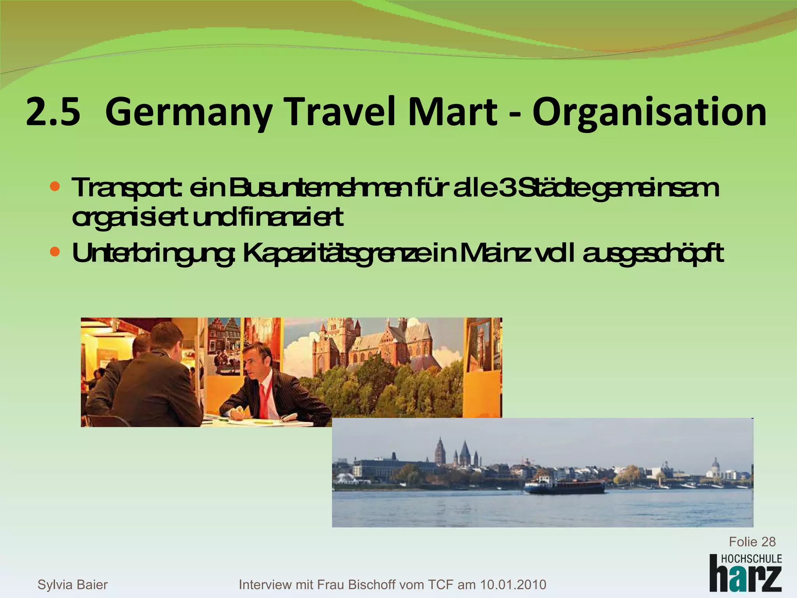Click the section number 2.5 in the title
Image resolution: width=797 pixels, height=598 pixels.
point(53,113)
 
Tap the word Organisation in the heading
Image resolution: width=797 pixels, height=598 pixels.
point(650,113)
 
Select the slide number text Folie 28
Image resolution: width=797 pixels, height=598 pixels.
point(752,542)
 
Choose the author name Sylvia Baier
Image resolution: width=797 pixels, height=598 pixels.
point(72,584)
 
